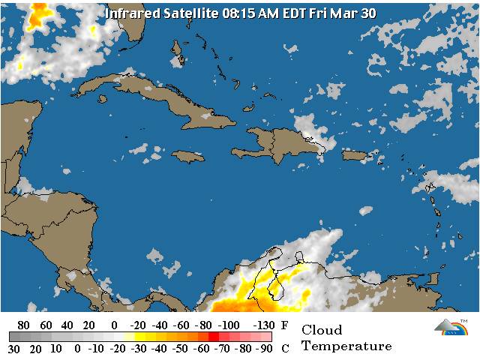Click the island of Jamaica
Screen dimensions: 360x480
[187, 156]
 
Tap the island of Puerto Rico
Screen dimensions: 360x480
[357, 155]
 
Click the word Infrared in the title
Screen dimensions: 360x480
[131, 13]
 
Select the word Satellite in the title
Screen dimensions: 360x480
[190, 13]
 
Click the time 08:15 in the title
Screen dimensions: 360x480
[241, 13]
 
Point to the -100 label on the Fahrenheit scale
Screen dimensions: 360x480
[229, 325]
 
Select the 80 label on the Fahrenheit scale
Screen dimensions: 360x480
[22, 325]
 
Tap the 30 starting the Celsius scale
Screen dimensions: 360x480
[13, 349]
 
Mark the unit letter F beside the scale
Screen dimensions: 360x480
[283, 325]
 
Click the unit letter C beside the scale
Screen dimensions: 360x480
[283, 349]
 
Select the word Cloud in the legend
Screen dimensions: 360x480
[322, 330]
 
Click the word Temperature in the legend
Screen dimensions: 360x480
[346, 346]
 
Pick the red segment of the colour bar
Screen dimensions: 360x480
[214, 337]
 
